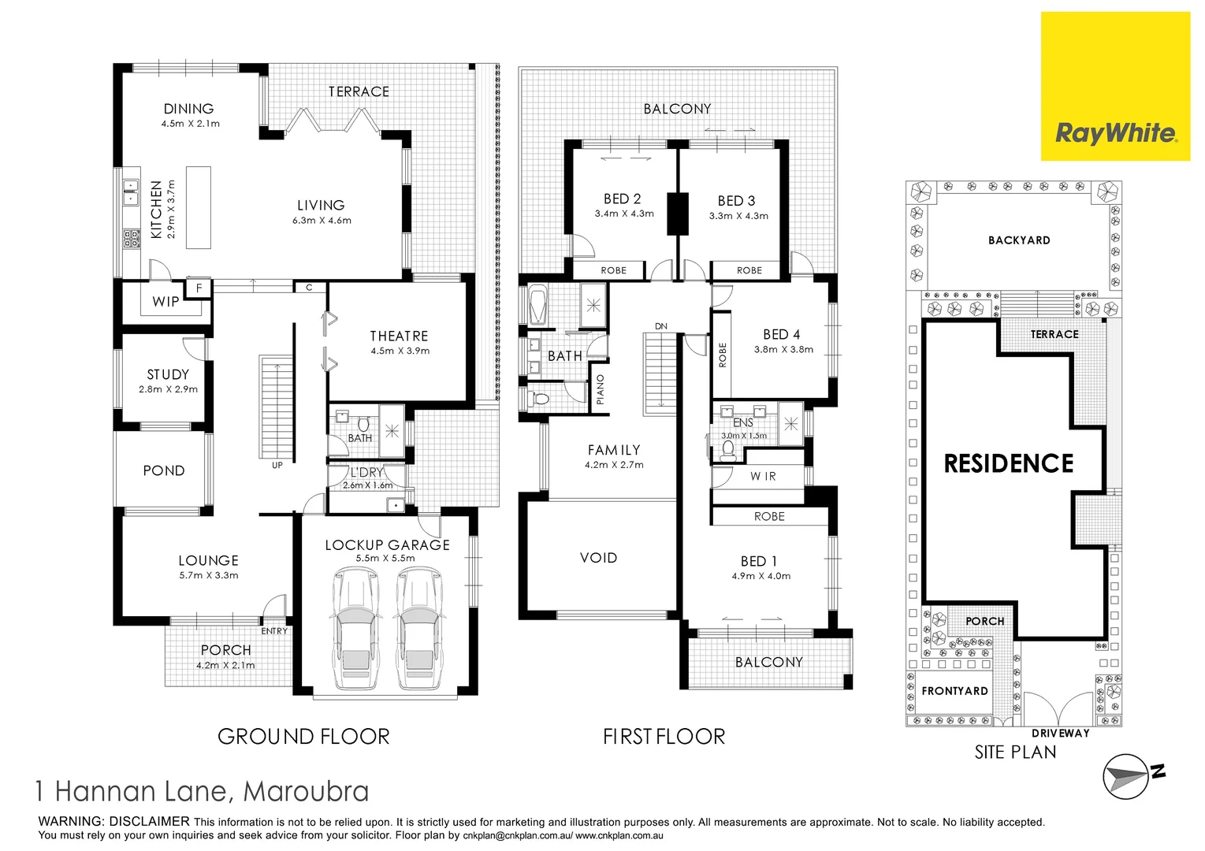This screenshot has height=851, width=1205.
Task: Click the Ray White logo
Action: [x=1115, y=132]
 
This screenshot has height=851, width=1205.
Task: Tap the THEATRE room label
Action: [x=399, y=336]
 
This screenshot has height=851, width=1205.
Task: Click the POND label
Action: [x=164, y=470]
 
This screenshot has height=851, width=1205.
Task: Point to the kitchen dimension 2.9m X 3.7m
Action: [x=172, y=210]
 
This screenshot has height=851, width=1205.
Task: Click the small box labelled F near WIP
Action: [x=199, y=288]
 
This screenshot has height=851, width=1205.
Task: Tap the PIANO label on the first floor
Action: [x=601, y=390]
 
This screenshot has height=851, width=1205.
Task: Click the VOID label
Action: [x=598, y=557]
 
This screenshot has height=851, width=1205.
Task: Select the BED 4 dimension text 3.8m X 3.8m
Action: [x=783, y=349]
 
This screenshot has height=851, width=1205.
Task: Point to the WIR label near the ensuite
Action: [x=763, y=476]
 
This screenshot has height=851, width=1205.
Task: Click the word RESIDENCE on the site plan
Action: [x=1009, y=463]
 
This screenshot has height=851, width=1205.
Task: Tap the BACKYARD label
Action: [x=1019, y=240]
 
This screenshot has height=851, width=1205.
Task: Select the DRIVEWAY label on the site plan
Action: [x=1060, y=733]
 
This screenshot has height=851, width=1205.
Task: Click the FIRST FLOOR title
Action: [x=664, y=737]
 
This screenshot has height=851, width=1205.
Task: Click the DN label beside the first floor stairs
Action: [x=660, y=326]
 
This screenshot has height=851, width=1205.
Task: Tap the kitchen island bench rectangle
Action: [x=199, y=206]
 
